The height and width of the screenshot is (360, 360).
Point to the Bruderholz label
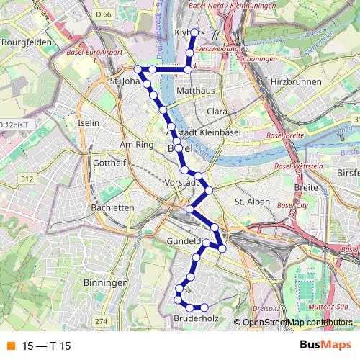196,318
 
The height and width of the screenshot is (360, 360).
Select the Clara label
217,112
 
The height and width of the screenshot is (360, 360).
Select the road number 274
101,321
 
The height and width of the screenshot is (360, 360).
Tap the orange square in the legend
10,346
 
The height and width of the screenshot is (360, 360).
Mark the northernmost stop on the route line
193,32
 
